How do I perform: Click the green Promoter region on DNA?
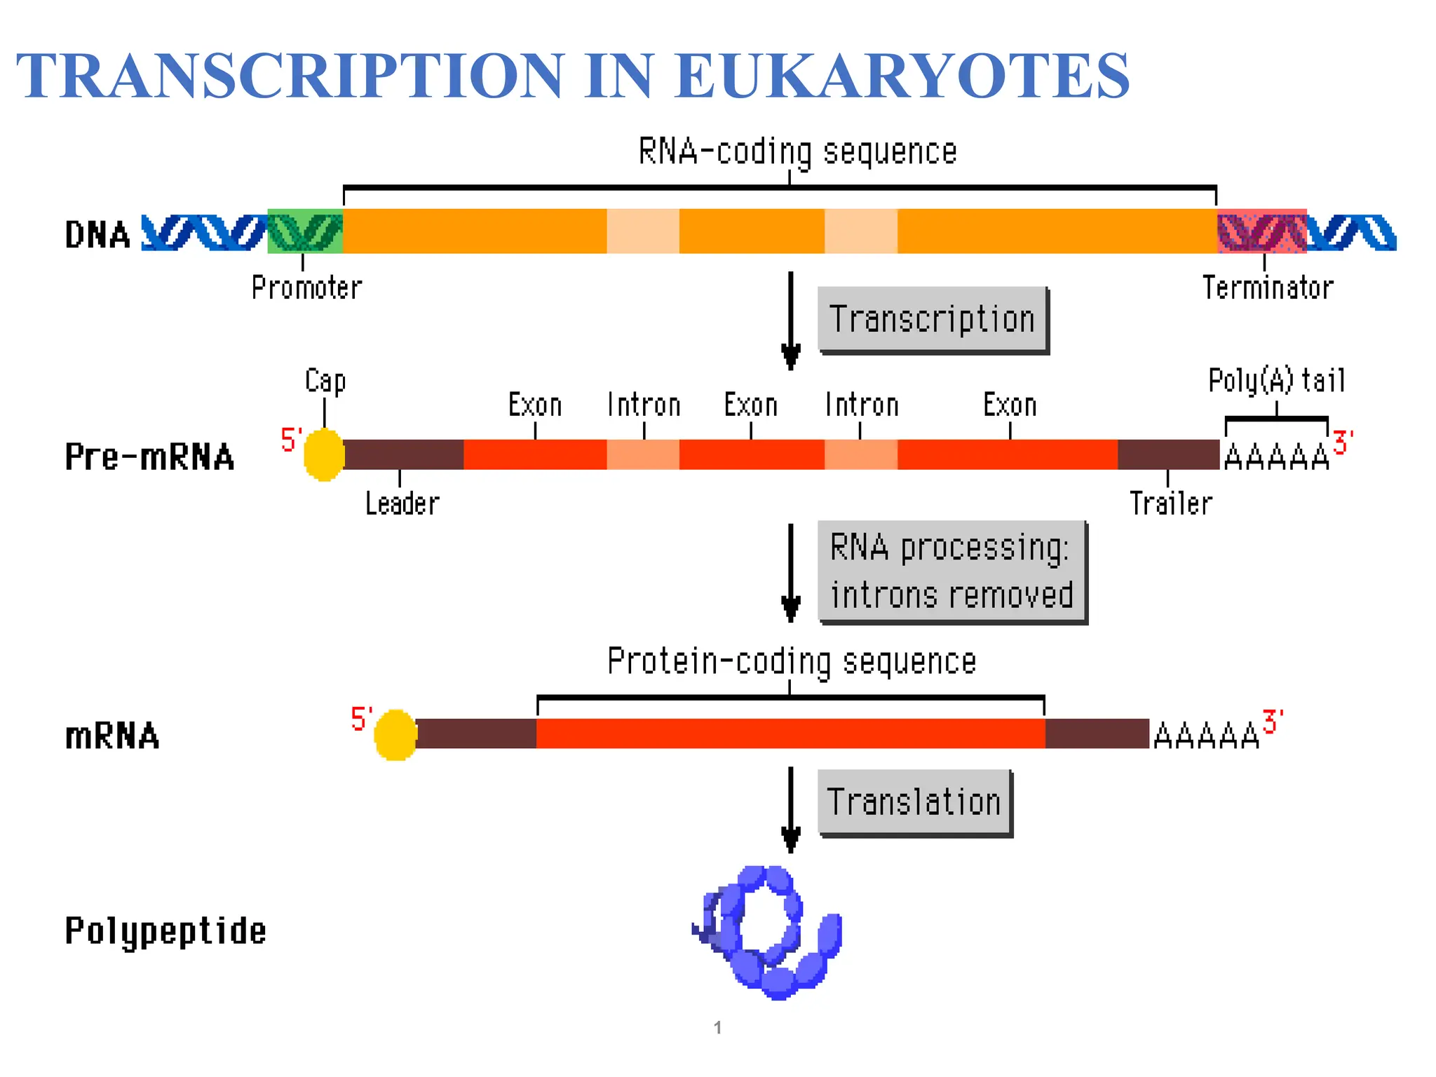click(305, 231)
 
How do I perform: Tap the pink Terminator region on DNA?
click(1261, 231)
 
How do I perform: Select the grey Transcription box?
click(932, 319)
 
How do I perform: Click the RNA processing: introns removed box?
click(951, 571)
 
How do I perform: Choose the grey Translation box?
click(914, 801)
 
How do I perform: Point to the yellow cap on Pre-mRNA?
click(324, 455)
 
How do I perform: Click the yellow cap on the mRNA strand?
click(395, 735)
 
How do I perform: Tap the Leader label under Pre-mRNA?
click(402, 503)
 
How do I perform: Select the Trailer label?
click(1170, 503)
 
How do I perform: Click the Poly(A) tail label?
click(1276, 381)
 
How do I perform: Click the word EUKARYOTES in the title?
click(902, 76)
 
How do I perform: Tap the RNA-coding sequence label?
click(797, 151)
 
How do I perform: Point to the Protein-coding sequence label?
click(792, 661)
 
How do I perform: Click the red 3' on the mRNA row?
click(1272, 722)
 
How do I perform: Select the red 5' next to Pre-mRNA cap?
click(290, 440)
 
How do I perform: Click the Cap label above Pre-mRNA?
click(325, 381)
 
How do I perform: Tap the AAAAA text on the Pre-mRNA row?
click(1276, 458)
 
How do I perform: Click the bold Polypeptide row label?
click(165, 931)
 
